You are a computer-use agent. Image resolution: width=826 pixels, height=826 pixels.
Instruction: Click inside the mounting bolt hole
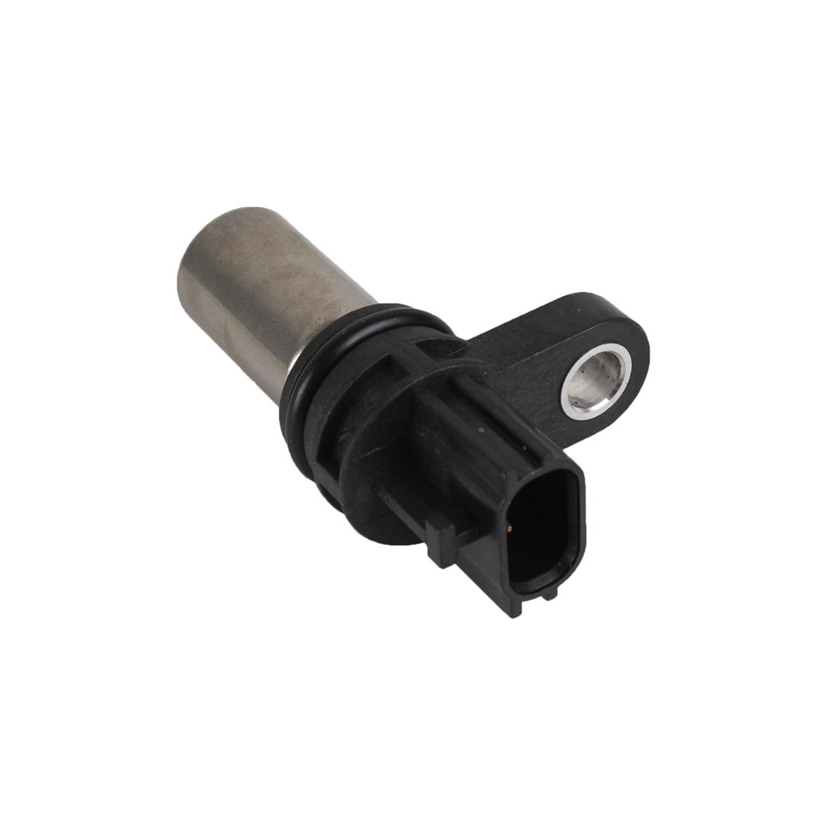pyautogui.click(x=595, y=381)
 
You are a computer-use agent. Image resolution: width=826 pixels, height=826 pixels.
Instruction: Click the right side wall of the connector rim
pyautogui.click(x=579, y=532)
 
